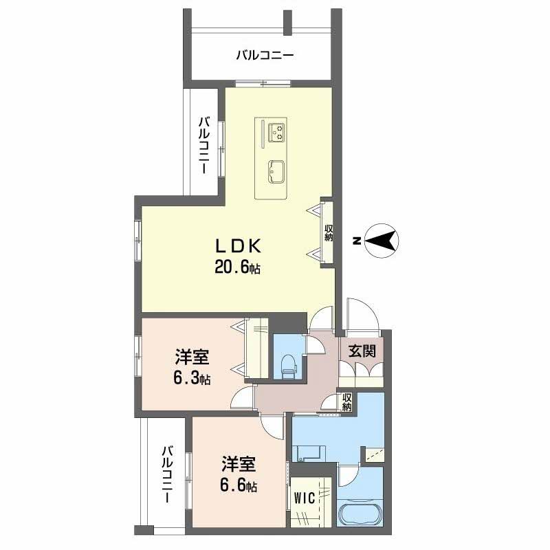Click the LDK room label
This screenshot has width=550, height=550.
coord(239,245)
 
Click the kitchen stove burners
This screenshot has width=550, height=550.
coord(276,129)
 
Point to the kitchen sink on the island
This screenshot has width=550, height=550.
coord(276,170)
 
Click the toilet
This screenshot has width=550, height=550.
coord(288,364)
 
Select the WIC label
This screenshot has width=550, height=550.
coord(304,497)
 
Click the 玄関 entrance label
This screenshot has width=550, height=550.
coord(362,351)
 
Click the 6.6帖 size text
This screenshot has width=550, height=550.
coord(239,485)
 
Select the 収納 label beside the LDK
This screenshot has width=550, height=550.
coord(329,232)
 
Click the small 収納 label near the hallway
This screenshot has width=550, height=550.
coord(347,402)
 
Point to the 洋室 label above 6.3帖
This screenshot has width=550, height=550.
coord(192,357)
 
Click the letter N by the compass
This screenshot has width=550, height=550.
coord(356,241)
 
